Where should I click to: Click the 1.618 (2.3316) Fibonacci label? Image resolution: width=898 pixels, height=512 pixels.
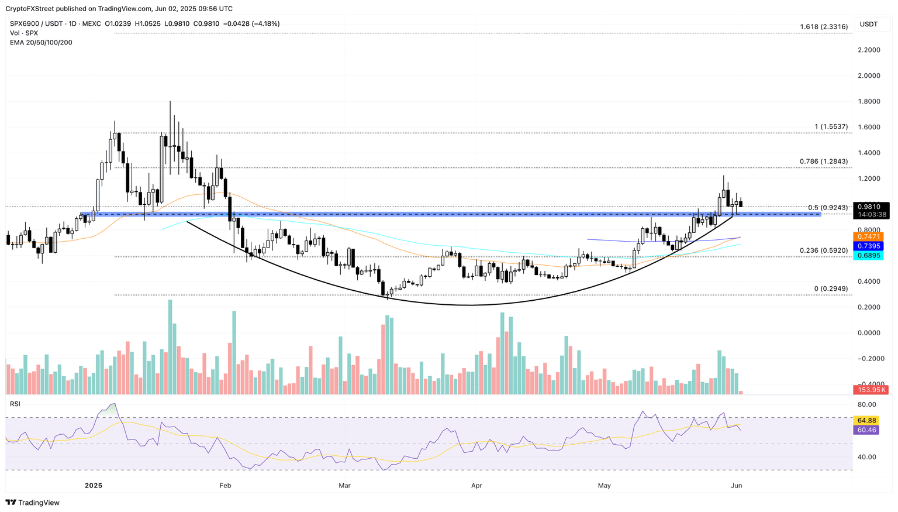click(824, 27)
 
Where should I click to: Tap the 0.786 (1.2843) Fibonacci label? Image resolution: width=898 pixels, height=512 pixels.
click(824, 161)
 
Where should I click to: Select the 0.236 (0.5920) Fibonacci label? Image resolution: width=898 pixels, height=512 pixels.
click(824, 250)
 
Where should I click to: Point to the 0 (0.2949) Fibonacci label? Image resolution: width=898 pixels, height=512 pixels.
click(831, 289)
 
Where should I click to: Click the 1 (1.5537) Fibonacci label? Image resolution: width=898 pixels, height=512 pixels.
click(831, 127)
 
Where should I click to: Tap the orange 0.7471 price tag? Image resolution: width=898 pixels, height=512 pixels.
click(870, 236)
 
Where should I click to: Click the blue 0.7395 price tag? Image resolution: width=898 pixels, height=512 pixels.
click(870, 246)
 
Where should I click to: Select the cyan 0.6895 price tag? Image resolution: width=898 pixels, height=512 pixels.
click(870, 256)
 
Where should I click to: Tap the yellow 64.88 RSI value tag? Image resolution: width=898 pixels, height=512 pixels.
click(866, 421)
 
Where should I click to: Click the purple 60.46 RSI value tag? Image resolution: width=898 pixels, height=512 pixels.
click(866, 430)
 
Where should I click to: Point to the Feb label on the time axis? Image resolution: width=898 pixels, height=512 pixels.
click(225, 486)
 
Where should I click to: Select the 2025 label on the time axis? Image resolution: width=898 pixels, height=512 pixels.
click(94, 486)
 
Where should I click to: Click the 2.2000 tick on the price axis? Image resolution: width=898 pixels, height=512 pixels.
click(869, 50)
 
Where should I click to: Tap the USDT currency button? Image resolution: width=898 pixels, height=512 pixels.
click(869, 24)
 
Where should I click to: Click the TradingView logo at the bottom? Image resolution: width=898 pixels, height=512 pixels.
click(33, 503)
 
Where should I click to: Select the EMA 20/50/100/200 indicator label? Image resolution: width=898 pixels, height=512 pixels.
click(41, 43)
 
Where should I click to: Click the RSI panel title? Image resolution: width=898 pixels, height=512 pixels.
click(15, 404)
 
